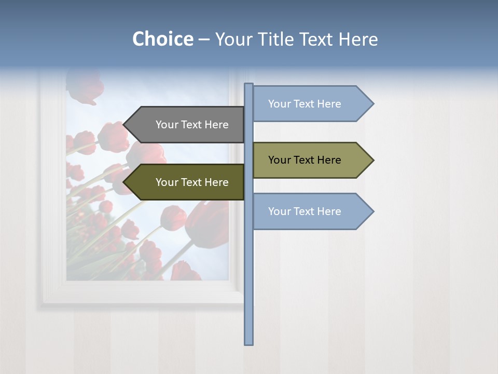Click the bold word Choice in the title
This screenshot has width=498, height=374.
click(x=162, y=39)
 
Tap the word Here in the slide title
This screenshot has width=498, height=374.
click(x=358, y=39)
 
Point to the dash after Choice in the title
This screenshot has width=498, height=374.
click(x=204, y=40)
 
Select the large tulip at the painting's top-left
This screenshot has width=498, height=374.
click(x=85, y=86)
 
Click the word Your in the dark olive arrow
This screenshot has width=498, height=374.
click(x=167, y=182)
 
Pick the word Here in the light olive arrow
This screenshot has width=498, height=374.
click(x=329, y=160)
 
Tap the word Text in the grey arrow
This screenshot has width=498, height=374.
click(x=192, y=125)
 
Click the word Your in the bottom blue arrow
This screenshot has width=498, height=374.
click(x=280, y=211)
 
